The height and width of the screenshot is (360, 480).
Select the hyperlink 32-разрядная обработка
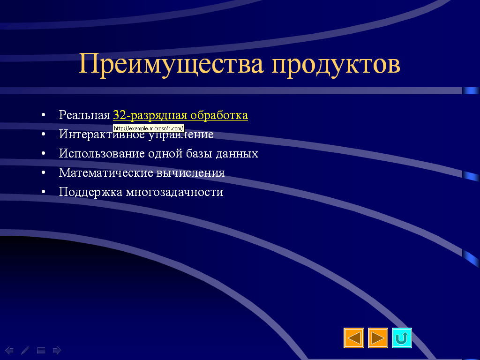[180, 115]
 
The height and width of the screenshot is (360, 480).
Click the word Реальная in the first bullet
[84, 115]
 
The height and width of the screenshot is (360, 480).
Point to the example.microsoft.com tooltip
[149, 128]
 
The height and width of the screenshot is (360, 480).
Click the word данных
[237, 154]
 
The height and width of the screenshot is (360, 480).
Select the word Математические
[106, 172]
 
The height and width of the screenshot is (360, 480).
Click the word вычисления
[190, 173]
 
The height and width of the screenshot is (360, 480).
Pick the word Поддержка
[90, 192]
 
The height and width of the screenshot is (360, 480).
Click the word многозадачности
[174, 192]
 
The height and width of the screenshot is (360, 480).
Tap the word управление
[180, 135]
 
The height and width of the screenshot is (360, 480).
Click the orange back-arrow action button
[354, 338]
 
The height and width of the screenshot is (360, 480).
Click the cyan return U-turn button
[402, 338]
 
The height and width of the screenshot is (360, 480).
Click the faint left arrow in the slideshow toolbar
[9, 350]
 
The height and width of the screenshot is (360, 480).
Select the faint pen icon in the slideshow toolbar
[25, 350]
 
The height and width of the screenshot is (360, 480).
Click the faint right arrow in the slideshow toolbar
[57, 350]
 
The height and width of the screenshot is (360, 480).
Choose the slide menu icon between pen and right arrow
[41, 350]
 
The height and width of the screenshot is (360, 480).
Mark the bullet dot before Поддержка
[43, 192]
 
